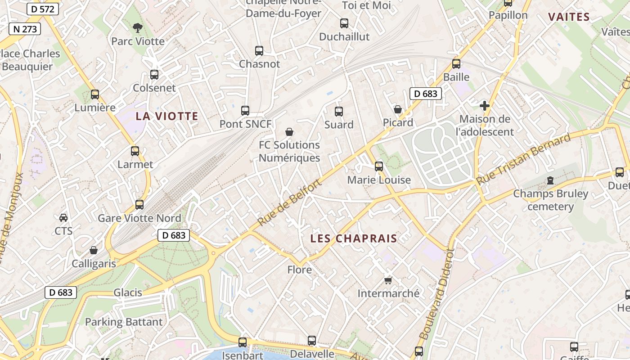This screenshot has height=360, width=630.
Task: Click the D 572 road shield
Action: [x=43, y=9]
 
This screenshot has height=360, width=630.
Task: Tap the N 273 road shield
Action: [x=25, y=29]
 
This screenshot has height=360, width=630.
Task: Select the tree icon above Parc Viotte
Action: [x=137, y=28]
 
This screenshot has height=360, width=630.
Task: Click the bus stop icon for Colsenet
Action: [x=154, y=75]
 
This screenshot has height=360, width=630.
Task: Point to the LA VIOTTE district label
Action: [x=167, y=116]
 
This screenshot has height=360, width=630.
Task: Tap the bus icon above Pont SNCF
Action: [x=245, y=111]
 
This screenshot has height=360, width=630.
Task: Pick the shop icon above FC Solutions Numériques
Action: [x=289, y=132]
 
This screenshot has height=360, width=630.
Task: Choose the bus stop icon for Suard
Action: [x=339, y=112]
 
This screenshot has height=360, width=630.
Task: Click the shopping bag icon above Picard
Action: [x=398, y=109]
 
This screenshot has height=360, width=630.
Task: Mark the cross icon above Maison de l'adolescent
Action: [x=485, y=106]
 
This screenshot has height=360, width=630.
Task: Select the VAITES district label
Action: [x=569, y=17]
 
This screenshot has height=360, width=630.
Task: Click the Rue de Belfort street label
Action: [x=290, y=202]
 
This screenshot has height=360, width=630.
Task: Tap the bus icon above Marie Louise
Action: [x=379, y=166]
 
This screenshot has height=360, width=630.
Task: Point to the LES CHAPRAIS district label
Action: [x=354, y=238]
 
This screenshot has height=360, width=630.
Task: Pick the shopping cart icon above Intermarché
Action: [x=388, y=280]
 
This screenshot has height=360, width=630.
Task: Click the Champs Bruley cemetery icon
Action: [x=550, y=180]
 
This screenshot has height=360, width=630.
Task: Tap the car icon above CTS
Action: [x=63, y=218]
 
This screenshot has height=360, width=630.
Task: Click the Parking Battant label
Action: [x=124, y=322]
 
